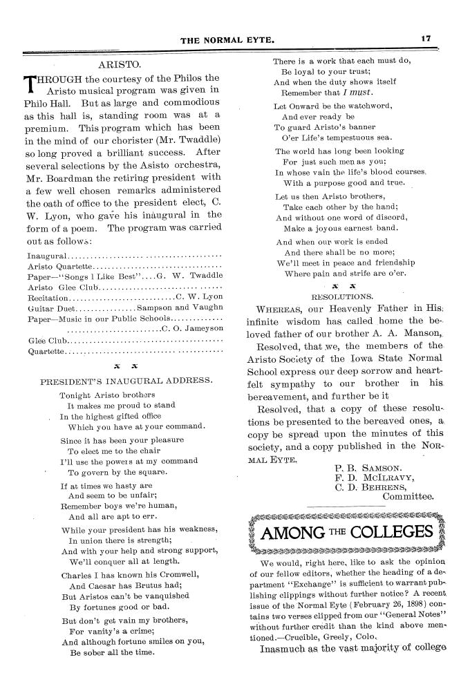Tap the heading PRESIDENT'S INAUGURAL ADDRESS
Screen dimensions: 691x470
[x=126, y=380]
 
